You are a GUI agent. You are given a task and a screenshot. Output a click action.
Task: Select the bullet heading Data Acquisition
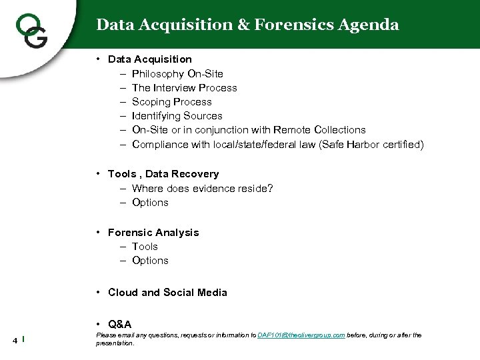coord(149,59)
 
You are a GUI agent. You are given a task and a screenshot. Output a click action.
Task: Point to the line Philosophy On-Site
coord(177,73)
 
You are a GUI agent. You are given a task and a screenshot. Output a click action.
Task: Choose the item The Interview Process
coord(184,87)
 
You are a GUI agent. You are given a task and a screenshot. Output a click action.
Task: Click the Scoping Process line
coord(171,101)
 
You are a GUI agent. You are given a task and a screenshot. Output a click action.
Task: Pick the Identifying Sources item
coord(177,115)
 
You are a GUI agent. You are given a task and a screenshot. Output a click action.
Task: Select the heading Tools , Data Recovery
coord(163,174)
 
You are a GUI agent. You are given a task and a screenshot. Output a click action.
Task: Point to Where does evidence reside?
coord(202,188)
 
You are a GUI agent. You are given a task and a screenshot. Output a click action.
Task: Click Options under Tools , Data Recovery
coord(150,202)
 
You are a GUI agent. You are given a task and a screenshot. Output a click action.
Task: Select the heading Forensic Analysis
coord(153,233)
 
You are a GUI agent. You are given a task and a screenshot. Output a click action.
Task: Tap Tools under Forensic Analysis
coord(145,247)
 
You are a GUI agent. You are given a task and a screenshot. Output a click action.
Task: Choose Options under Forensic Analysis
coord(150,261)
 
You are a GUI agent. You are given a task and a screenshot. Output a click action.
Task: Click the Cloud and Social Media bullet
coord(167,293)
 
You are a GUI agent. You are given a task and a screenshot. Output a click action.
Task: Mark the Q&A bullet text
coord(119,324)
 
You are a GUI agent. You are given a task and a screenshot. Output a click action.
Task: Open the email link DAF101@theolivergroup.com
coord(301,335)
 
